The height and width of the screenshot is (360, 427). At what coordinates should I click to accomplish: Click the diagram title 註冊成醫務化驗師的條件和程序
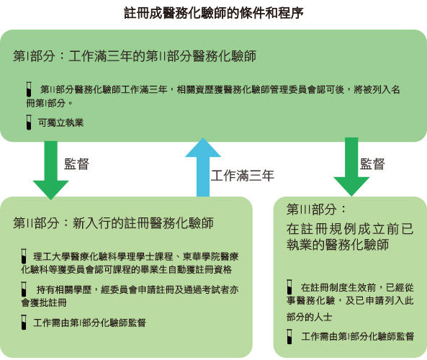[214, 13]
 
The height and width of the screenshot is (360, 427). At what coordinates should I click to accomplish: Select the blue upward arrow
[203, 167]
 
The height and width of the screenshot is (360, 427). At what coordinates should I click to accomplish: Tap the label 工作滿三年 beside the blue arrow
[243, 176]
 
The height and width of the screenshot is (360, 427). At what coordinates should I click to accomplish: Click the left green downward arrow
[50, 170]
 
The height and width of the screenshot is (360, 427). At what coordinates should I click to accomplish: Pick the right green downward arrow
[351, 166]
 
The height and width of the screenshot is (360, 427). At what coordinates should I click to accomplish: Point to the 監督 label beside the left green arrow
[77, 164]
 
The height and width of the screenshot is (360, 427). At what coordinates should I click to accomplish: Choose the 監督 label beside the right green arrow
[372, 164]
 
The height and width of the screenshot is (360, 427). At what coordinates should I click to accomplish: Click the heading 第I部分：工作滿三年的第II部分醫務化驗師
[135, 56]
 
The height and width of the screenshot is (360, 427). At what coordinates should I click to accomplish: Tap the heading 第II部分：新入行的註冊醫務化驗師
[113, 222]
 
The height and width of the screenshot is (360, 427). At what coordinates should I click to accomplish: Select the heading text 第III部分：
[316, 209]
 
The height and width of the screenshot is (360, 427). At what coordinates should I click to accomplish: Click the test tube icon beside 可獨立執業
[29, 122]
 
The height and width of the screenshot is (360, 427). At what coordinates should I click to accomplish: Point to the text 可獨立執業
[60, 123]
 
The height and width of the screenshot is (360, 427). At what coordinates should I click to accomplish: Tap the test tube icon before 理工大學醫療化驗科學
[24, 256]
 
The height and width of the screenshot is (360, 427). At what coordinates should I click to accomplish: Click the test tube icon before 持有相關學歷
[24, 289]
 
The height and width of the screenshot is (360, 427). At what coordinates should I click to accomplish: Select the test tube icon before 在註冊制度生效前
[289, 287]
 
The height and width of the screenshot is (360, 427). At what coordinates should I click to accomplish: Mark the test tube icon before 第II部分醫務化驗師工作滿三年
[29, 89]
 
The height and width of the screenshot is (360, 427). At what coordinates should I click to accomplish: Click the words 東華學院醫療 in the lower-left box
[210, 256]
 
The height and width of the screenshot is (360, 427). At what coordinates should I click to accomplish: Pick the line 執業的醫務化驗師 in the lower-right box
[338, 244]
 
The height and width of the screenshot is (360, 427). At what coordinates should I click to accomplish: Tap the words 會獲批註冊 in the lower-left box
[44, 302]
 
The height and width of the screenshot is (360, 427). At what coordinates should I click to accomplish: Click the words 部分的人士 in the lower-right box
[309, 317]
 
